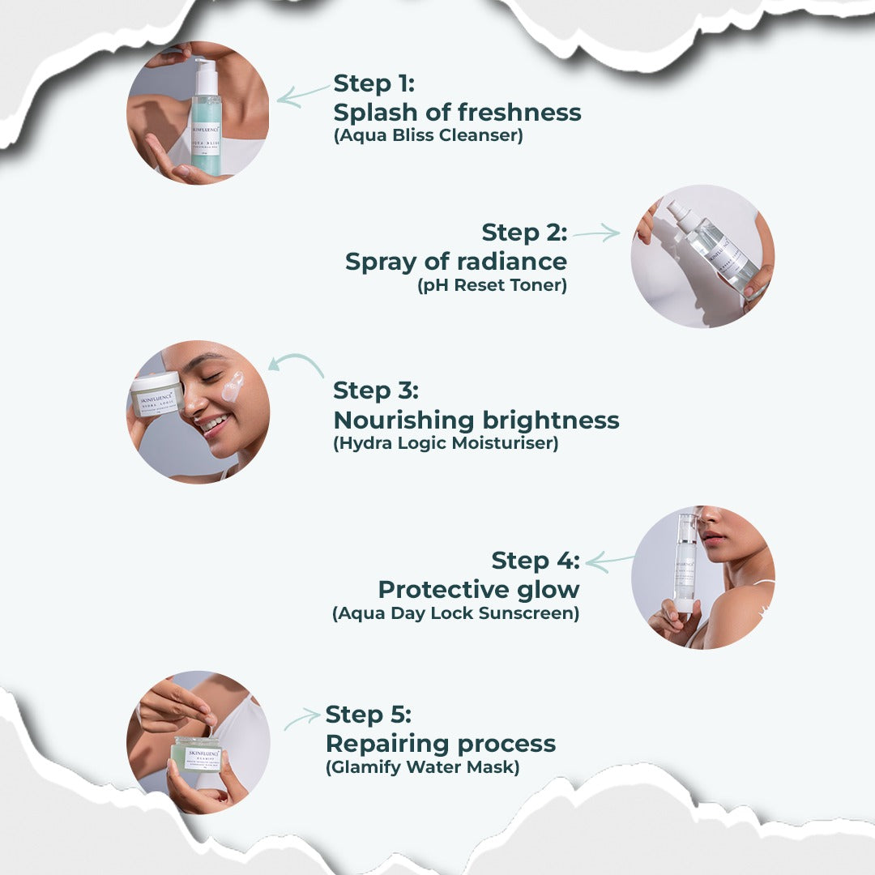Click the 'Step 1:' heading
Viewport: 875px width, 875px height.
click(373, 83)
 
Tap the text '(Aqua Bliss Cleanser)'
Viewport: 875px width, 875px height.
click(428, 135)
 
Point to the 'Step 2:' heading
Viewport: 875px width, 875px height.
click(524, 233)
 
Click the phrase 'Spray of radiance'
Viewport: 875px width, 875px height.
click(456, 262)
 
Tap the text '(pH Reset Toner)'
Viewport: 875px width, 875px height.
click(492, 285)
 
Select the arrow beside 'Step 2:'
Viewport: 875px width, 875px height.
click(596, 234)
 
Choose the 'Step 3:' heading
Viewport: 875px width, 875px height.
click(376, 390)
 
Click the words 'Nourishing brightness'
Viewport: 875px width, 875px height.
click(476, 420)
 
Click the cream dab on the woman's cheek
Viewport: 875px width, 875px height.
click(232, 387)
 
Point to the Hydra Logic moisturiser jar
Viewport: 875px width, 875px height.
click(155, 395)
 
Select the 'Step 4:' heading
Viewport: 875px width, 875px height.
click(536, 560)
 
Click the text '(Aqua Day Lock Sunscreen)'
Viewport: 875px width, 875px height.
click(455, 613)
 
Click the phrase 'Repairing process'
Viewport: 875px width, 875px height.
click(440, 744)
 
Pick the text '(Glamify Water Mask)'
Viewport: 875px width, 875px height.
click(421, 766)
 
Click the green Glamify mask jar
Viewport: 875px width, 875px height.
click(197, 753)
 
